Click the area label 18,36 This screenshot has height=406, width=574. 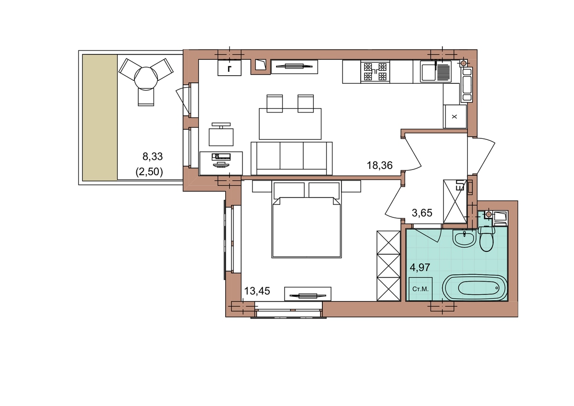click(379, 166)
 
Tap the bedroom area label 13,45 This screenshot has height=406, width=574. click(257, 291)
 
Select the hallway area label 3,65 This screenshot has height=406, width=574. click(422, 213)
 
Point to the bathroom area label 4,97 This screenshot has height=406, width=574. click(420, 268)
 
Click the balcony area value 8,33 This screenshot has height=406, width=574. click(153, 157)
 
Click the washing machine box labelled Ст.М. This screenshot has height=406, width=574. click(420, 289)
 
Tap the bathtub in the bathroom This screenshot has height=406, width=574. click(475, 288)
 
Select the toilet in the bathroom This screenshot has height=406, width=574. click(486, 239)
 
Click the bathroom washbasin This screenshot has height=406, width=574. click(464, 238)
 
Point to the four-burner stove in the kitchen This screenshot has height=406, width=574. click(375, 72)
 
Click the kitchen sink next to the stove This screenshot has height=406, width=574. click(436, 71)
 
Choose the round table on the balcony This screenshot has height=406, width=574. click(146, 78)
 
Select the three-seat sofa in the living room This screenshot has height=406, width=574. click(292, 158)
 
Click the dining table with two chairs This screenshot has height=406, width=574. click(290, 124)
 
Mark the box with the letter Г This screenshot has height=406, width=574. click(229, 68)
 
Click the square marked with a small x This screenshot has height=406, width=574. click(454, 117)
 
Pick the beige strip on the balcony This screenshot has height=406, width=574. click(100, 117)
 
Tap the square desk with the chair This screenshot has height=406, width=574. click(221, 137)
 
